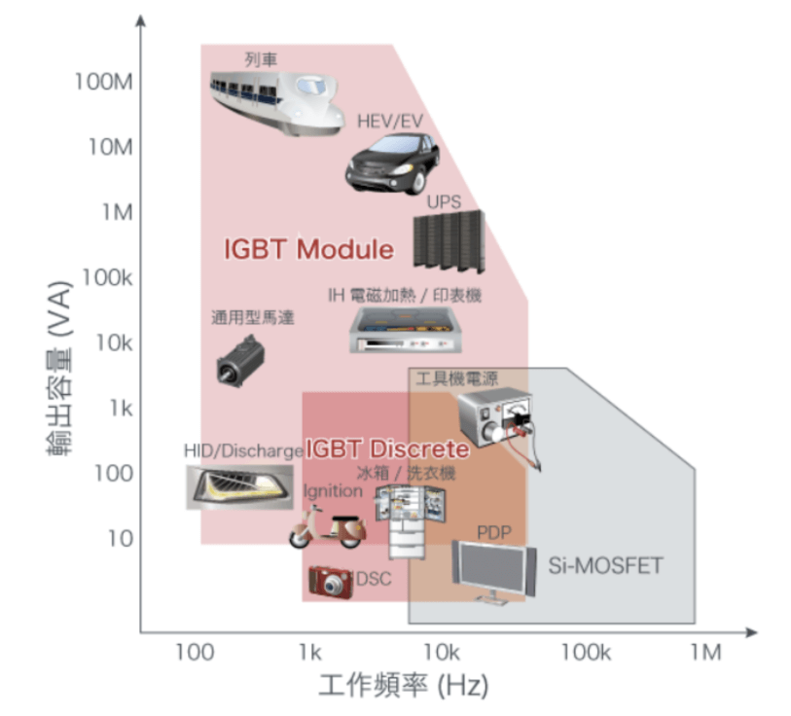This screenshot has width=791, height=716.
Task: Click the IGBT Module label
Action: tap(308, 249)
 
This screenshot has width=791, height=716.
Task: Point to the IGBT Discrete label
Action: tap(387, 449)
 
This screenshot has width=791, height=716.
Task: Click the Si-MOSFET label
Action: tap(604, 565)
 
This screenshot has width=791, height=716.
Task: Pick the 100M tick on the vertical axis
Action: tap(103, 82)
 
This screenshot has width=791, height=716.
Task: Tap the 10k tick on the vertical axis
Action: tap(112, 342)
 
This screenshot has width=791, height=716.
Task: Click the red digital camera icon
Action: tap(331, 582)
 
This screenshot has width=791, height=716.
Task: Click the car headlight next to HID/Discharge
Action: tap(238, 484)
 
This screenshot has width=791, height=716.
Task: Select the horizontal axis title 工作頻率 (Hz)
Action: tap(403, 687)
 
